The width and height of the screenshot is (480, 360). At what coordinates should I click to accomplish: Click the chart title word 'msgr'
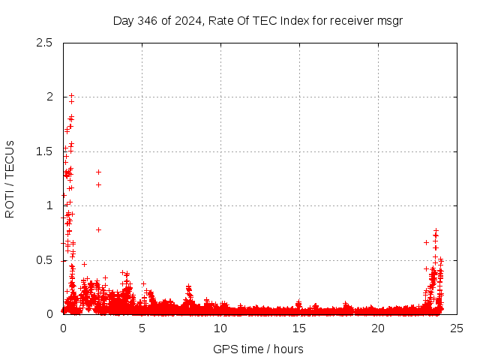390,20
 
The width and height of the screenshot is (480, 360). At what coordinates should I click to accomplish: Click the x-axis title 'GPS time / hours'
258,349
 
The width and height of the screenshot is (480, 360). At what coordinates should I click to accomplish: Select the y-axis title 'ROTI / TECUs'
10,178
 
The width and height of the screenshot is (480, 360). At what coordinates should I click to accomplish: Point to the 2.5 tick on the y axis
43,43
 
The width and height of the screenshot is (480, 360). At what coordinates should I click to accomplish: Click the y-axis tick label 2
49,97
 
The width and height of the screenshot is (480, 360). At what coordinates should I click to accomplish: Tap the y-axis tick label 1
49,205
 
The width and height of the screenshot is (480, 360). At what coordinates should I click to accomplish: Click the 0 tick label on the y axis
49,314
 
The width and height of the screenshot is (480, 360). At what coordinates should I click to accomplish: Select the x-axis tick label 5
142,328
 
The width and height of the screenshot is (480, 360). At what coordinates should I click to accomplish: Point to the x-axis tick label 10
220,328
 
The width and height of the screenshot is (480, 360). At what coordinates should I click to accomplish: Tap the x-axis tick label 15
299,328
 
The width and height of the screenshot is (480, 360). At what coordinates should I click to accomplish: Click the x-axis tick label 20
378,328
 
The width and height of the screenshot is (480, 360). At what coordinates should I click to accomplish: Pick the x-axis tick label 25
457,328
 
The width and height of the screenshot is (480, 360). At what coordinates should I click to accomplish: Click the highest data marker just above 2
72,96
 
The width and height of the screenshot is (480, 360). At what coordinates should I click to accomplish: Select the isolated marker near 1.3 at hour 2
98,172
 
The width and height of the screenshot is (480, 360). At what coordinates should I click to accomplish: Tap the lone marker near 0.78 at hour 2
98,229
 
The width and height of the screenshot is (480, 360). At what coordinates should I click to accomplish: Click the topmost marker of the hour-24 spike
436,231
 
